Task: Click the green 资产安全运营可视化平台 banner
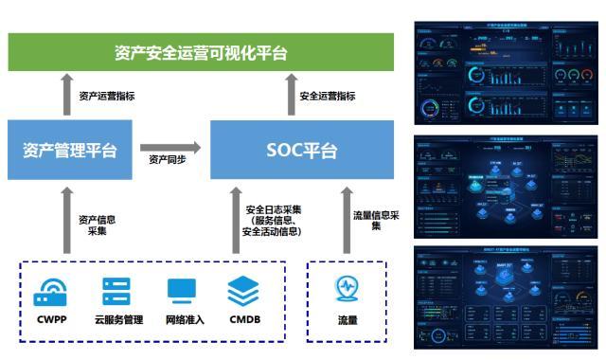point(200,53)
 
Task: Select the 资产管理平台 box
point(70,150)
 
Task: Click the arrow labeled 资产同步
point(171,148)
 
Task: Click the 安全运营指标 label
point(328,96)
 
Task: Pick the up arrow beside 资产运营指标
point(66,95)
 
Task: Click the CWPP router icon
point(50,291)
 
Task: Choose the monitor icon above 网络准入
point(184,291)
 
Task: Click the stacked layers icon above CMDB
point(243,291)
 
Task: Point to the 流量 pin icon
point(348,288)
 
